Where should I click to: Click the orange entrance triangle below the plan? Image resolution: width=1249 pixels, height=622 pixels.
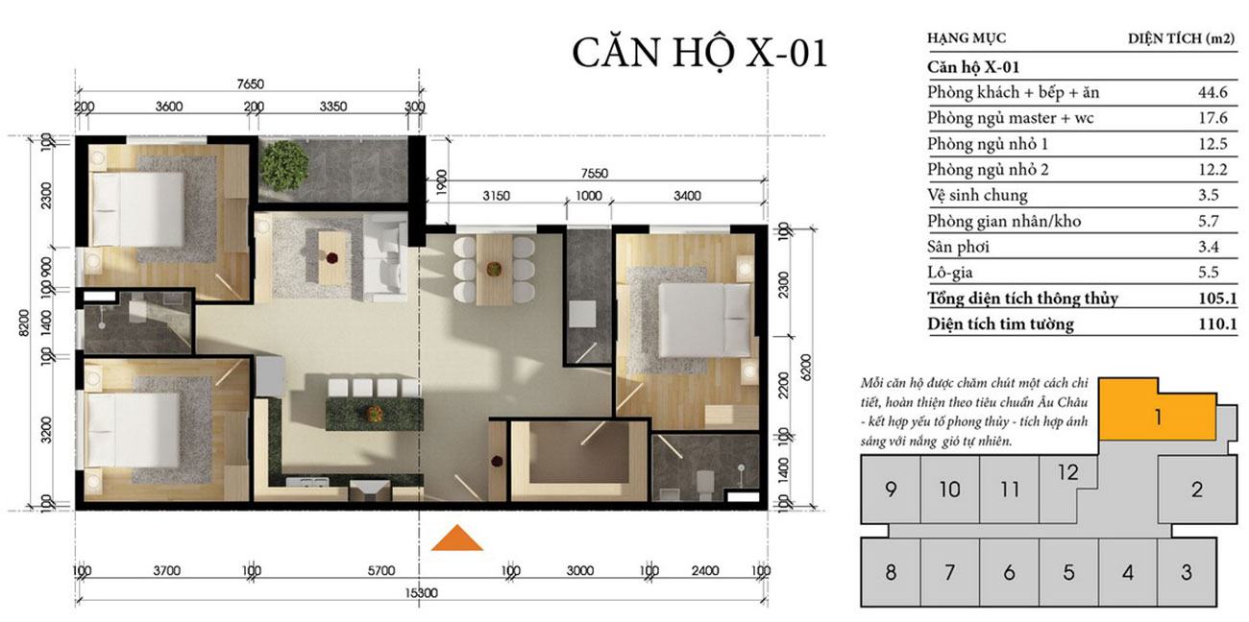coord(457,538)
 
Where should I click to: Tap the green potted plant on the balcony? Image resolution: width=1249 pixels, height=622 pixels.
coord(284,165)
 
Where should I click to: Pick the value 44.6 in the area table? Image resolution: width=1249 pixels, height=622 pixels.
coord(1212,92)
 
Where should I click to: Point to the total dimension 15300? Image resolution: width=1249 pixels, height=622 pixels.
coord(421,592)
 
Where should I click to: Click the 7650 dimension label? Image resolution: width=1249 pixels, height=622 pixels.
coord(251,84)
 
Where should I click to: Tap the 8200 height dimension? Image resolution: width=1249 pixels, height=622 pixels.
coord(23,323)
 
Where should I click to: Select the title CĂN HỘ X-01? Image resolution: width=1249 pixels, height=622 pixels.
coord(699,54)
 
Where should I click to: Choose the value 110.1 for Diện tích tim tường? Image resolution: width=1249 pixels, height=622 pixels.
coord(1218,323)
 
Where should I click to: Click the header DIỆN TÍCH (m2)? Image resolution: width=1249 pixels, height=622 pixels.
coord(1181,38)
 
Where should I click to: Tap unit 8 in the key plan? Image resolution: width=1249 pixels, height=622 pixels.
coord(891,572)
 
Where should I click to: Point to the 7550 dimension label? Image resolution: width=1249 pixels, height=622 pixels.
coord(595,173)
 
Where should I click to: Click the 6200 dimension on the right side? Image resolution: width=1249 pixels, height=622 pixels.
coord(806,368)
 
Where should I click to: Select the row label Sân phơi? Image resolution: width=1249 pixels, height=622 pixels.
coord(958,247)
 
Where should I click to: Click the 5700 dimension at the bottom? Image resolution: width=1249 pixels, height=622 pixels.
coord(381,570)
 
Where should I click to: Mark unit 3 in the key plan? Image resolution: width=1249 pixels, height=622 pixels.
coord(1187,572)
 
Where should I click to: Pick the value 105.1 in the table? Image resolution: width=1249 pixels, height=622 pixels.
coord(1218,299)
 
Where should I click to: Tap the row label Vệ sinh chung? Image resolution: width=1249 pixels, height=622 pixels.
coord(977,196)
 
